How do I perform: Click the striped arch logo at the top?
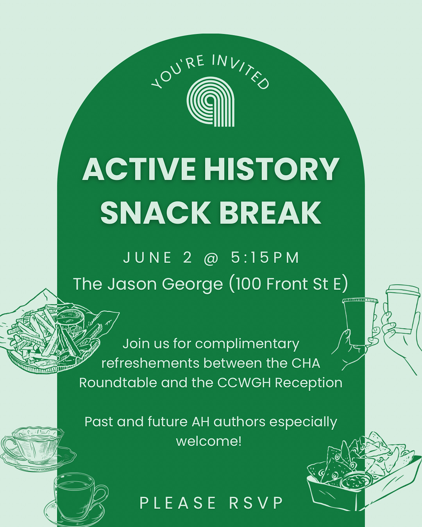coord(210,101)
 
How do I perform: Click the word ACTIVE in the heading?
coord(139,169)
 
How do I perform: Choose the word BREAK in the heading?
coord(270,213)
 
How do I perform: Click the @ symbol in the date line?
coord(211,258)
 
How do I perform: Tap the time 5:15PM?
coord(265,258)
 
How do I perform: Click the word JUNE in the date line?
coord(147,258)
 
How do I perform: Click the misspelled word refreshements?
coord(150,363)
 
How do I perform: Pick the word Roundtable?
coord(118,383)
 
